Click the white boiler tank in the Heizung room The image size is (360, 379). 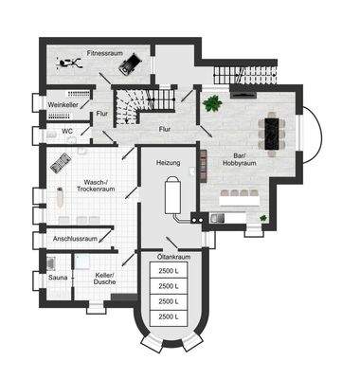coord(171,195)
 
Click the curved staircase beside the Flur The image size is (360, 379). coord(129,101)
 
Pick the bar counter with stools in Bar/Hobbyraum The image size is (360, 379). coord(243,196)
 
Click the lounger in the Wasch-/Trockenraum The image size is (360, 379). coord(59,162)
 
